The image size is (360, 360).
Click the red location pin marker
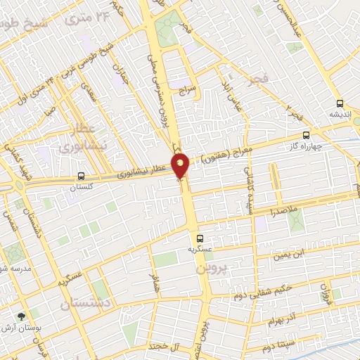pyautogui.click(x=181, y=165)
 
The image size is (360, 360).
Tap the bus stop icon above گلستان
pyautogui.click(x=82, y=176)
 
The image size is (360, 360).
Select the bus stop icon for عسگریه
pyautogui.click(x=200, y=238)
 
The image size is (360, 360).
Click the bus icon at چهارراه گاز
pyautogui.click(x=305, y=135)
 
